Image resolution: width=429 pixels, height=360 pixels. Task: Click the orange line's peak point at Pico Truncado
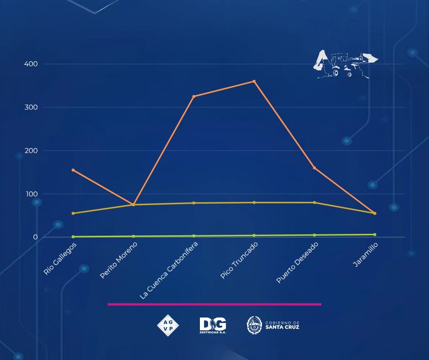[254, 81]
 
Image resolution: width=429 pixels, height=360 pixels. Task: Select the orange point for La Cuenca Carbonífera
[194, 96]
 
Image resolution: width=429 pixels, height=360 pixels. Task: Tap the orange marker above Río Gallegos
[73, 170]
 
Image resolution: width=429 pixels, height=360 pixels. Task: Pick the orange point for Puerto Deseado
[314, 168]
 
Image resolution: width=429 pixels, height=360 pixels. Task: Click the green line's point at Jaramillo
[375, 234]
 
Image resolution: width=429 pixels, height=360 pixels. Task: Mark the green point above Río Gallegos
[73, 237]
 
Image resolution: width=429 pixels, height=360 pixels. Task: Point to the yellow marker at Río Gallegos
[73, 213]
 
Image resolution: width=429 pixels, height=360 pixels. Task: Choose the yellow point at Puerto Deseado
[314, 202]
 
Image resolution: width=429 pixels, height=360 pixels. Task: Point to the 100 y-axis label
[31, 194]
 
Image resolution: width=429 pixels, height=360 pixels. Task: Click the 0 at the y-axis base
[35, 237]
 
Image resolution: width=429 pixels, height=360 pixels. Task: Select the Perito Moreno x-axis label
[119, 260]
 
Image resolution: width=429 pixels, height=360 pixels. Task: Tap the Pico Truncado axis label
[239, 260]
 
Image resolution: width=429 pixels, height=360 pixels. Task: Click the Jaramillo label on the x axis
[366, 255]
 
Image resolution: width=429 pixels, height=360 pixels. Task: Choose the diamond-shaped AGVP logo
[167, 325]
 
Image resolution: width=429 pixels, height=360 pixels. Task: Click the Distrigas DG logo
[213, 325]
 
